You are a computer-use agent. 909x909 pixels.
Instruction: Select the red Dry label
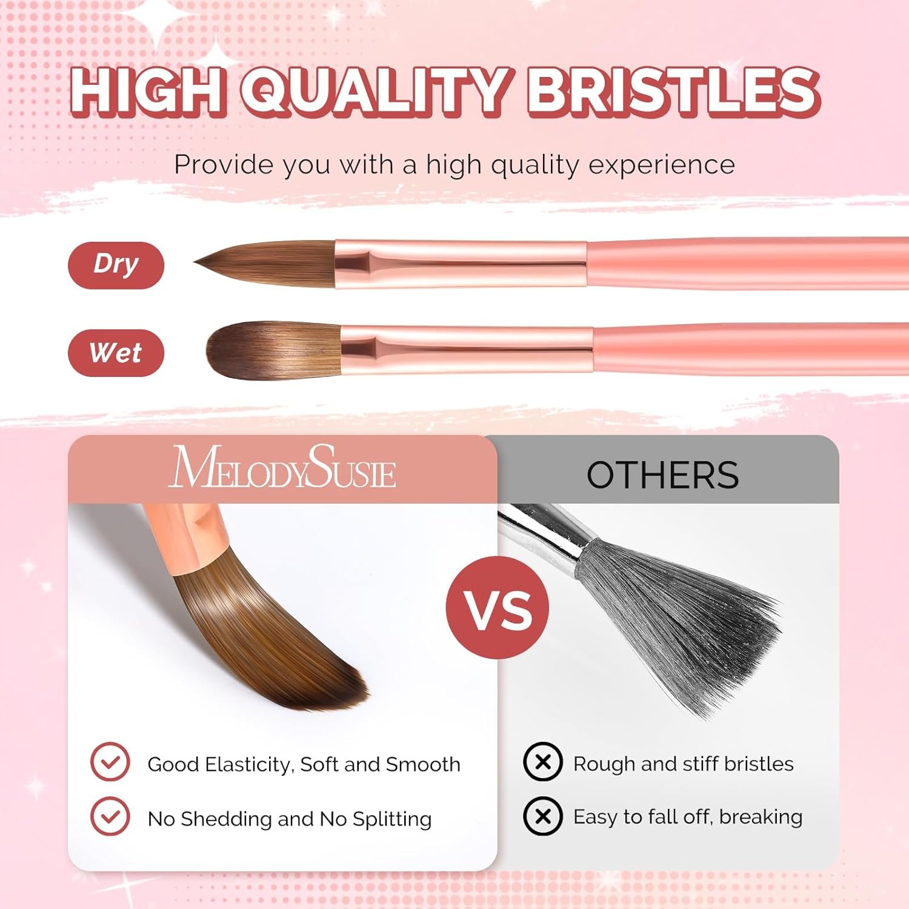pos(116,265)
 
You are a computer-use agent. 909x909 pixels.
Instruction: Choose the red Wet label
pos(116,353)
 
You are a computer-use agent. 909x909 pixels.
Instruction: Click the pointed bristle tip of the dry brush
pos(195,262)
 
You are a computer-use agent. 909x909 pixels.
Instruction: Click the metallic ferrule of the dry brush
pos(461,264)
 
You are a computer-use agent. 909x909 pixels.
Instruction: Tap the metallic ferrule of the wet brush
pos(467,350)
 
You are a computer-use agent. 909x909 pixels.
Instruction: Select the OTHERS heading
pos(662,474)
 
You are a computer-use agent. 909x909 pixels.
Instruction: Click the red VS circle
pos(498,608)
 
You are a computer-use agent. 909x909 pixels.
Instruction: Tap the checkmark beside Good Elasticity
pos(110,762)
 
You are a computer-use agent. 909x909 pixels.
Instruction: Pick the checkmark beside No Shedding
pos(110,816)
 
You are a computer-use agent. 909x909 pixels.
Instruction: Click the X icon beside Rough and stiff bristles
pos(543,762)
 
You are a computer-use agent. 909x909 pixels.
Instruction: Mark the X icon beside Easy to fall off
pos(543,816)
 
